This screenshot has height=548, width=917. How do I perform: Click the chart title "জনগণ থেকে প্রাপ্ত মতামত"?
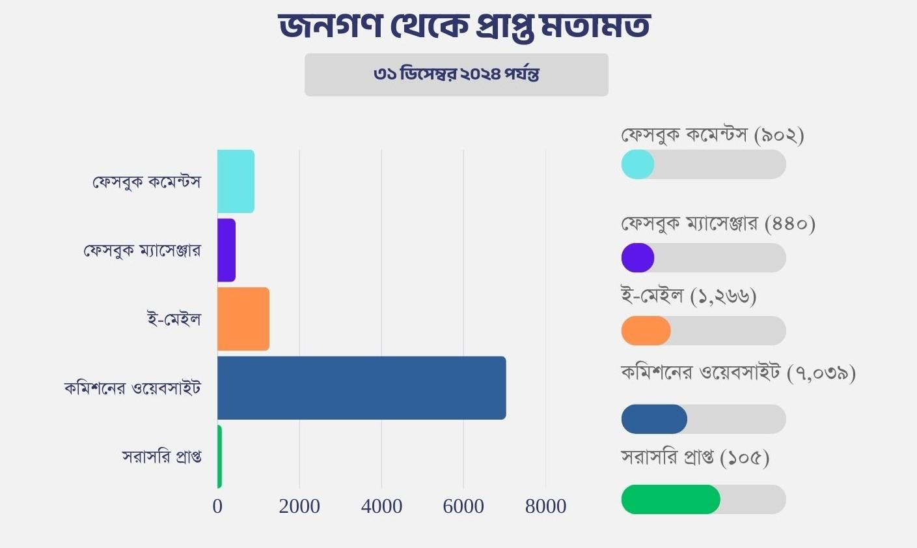coord(464,27)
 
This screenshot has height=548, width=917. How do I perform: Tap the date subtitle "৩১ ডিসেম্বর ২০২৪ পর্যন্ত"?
coord(456,74)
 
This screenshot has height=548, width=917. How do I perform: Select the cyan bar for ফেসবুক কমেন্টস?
coord(236,181)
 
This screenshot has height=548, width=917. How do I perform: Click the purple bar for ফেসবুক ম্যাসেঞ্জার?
coord(226,250)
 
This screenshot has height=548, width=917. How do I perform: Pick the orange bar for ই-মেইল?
coord(243,319)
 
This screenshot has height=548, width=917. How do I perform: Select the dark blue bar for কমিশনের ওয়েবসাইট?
coord(361,388)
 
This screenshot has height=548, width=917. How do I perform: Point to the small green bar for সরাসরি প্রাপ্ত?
coord(220,457)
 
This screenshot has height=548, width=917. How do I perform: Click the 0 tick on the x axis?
coord(217,506)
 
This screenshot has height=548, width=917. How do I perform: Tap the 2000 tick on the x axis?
coord(299,506)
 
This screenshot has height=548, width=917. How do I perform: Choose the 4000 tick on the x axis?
coord(381,506)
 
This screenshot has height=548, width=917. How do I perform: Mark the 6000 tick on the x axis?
coord(463,506)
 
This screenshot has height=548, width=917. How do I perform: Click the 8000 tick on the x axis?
coord(545,506)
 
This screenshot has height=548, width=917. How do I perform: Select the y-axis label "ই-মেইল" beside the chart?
coord(174,319)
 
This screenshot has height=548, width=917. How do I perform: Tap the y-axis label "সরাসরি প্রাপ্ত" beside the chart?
coord(161,457)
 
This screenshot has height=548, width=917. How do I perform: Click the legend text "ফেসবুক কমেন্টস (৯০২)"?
coord(713,135)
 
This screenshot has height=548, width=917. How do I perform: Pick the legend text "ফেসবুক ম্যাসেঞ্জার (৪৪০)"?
coord(718,224)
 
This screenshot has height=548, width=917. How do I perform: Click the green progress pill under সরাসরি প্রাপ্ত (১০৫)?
coord(671,500)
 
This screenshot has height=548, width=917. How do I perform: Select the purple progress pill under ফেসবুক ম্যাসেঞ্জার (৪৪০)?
coord(638,258)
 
